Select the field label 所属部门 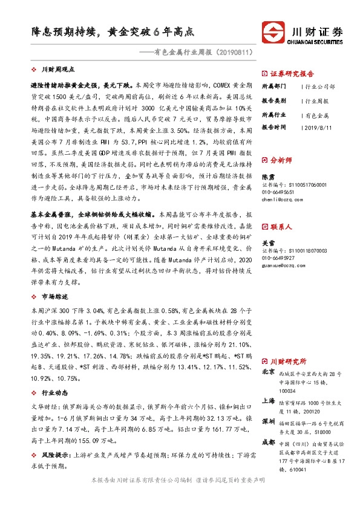tap(273, 86)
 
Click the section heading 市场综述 tap(54, 296)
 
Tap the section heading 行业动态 tap(54, 392)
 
